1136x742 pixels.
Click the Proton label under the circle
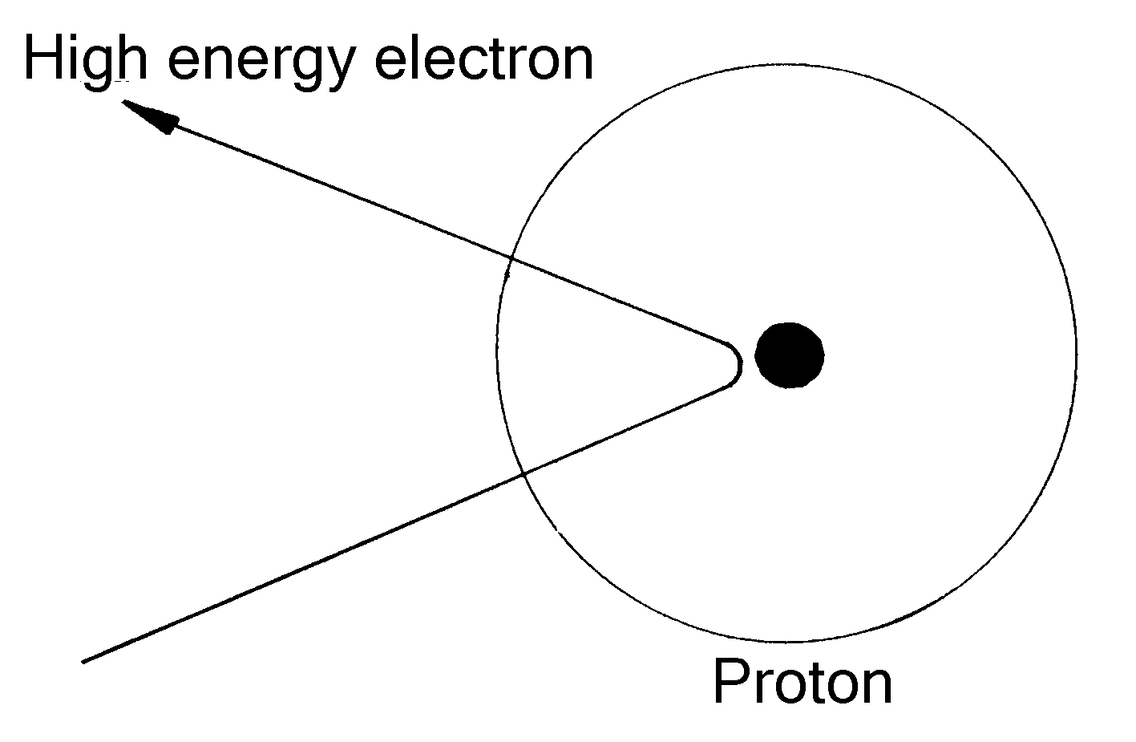[x=802, y=683]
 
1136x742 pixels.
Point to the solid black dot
[x=790, y=355]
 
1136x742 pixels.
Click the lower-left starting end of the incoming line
[x=84, y=662]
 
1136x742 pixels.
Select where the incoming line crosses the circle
[x=523, y=473]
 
